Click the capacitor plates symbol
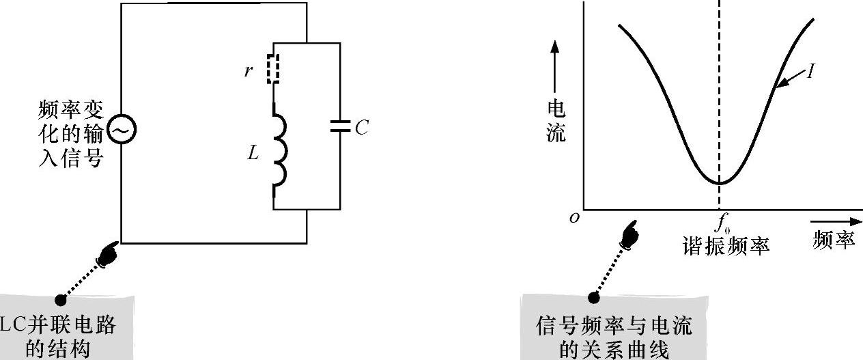tap(339, 126)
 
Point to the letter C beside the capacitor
tap(361, 128)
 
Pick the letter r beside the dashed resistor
tap(248, 70)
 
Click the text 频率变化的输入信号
tap(71, 134)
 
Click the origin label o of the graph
tap(574, 217)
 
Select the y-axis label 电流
tap(556, 120)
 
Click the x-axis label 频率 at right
tap(833, 240)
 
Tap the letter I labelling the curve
tap(810, 71)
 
